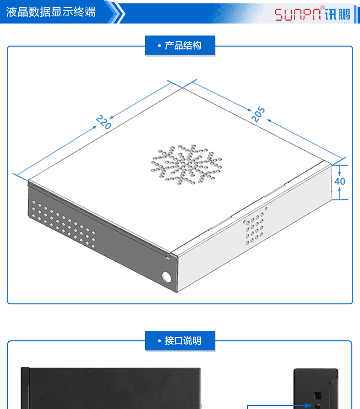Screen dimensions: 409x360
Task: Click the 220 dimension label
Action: [104, 122]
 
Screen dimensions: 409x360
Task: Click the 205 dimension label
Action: [258, 114]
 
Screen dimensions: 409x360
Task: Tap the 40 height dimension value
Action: [339, 181]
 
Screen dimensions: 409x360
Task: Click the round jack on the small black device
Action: [317, 406]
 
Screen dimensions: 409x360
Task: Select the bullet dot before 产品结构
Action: [159, 46]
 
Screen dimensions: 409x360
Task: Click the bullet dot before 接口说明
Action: [159, 341]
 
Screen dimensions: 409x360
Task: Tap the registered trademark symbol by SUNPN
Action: [323, 8]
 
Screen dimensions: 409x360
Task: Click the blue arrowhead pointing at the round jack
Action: [310, 406]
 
